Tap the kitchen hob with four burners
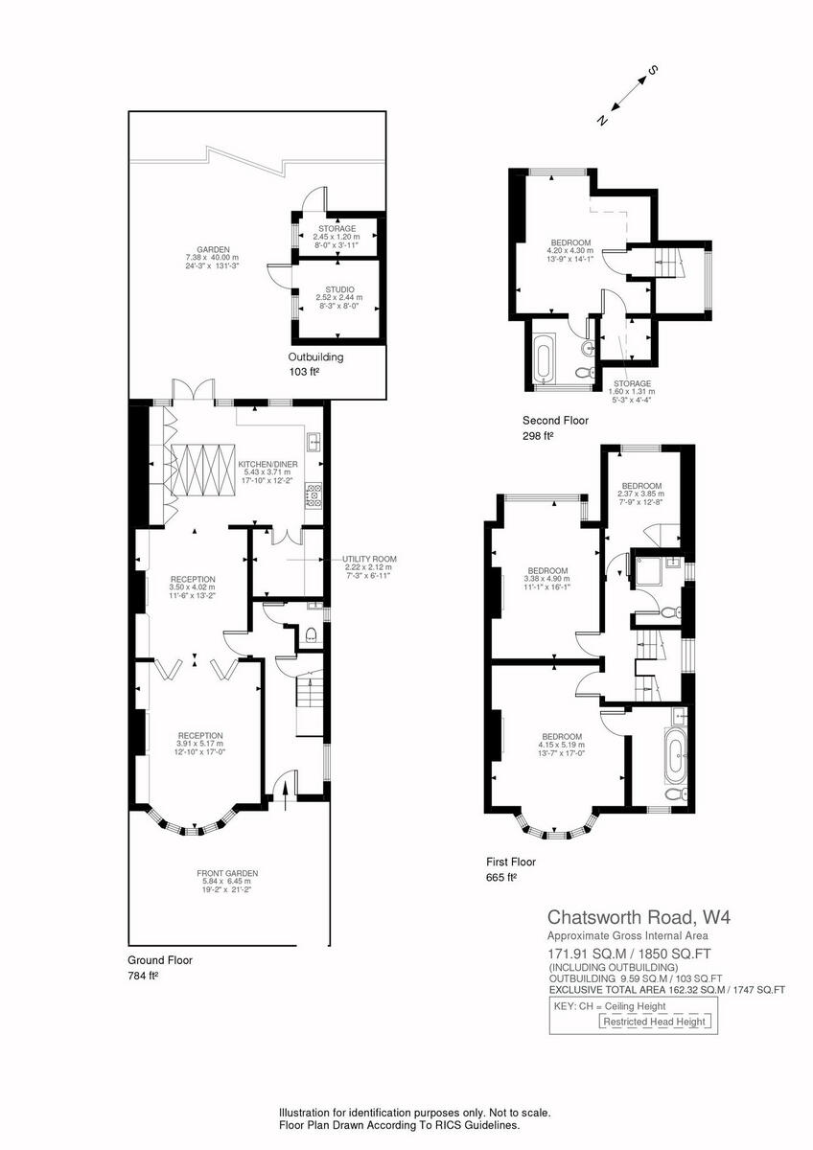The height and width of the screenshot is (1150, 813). (x=313, y=495)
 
